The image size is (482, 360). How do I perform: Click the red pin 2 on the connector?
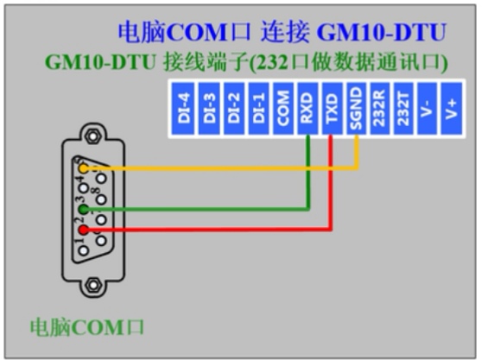point(84,230)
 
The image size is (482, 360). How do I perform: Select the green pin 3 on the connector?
point(84,209)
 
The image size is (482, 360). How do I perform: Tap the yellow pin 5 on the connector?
point(84,168)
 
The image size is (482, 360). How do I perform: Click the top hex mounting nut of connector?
point(92,135)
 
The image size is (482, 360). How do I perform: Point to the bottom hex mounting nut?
point(92,285)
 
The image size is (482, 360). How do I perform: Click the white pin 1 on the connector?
point(84,249)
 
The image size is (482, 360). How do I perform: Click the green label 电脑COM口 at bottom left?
point(86,328)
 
